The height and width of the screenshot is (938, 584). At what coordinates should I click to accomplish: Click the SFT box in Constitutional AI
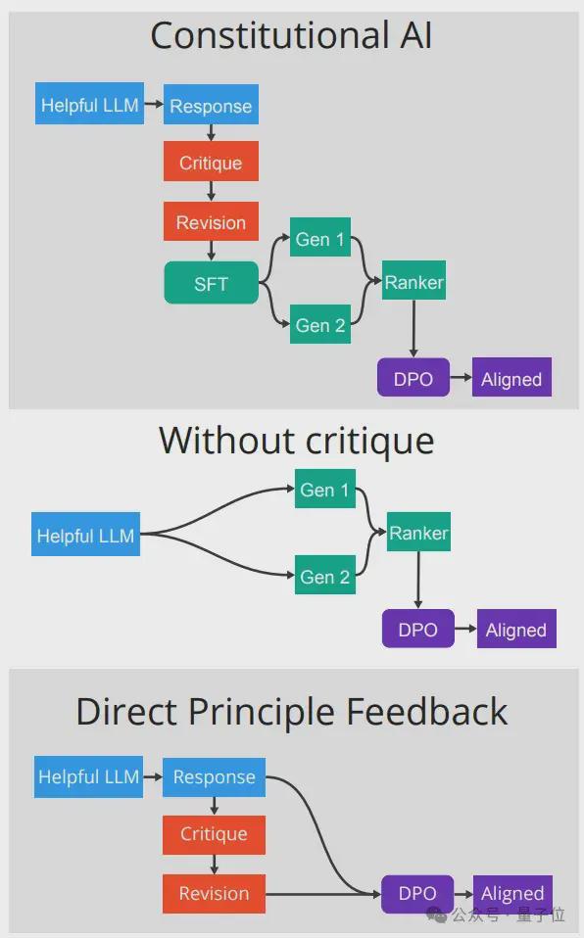(211, 282)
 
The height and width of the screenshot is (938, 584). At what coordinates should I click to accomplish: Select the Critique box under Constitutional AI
(211, 161)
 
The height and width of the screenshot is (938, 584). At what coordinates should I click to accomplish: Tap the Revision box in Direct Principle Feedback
(214, 894)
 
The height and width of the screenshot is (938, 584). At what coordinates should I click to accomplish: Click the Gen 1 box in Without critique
(325, 489)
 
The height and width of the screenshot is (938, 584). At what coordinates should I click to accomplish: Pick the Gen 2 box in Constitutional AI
(320, 324)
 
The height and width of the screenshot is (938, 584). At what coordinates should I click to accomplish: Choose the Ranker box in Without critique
(418, 532)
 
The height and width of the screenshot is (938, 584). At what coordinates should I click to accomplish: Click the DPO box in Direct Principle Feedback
(417, 894)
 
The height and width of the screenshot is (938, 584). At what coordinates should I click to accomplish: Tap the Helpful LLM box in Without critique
(85, 535)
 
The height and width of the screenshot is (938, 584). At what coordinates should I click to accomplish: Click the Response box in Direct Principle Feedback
(214, 777)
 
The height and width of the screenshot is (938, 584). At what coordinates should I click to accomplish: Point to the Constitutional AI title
(291, 35)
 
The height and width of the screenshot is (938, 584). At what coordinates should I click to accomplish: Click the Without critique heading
(297, 441)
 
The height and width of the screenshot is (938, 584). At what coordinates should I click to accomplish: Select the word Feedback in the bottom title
(427, 711)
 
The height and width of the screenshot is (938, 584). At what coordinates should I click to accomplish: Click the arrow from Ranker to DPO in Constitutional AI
(414, 329)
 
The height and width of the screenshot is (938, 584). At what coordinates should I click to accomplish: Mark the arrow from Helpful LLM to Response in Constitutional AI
(154, 104)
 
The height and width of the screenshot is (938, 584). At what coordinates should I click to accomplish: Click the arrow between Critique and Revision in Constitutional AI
(211, 191)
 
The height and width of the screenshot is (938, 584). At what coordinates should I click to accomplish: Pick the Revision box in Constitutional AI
(211, 221)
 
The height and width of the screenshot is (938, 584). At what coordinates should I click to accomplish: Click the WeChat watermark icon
(437, 915)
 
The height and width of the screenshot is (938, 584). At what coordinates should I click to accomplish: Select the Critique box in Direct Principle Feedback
(214, 834)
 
